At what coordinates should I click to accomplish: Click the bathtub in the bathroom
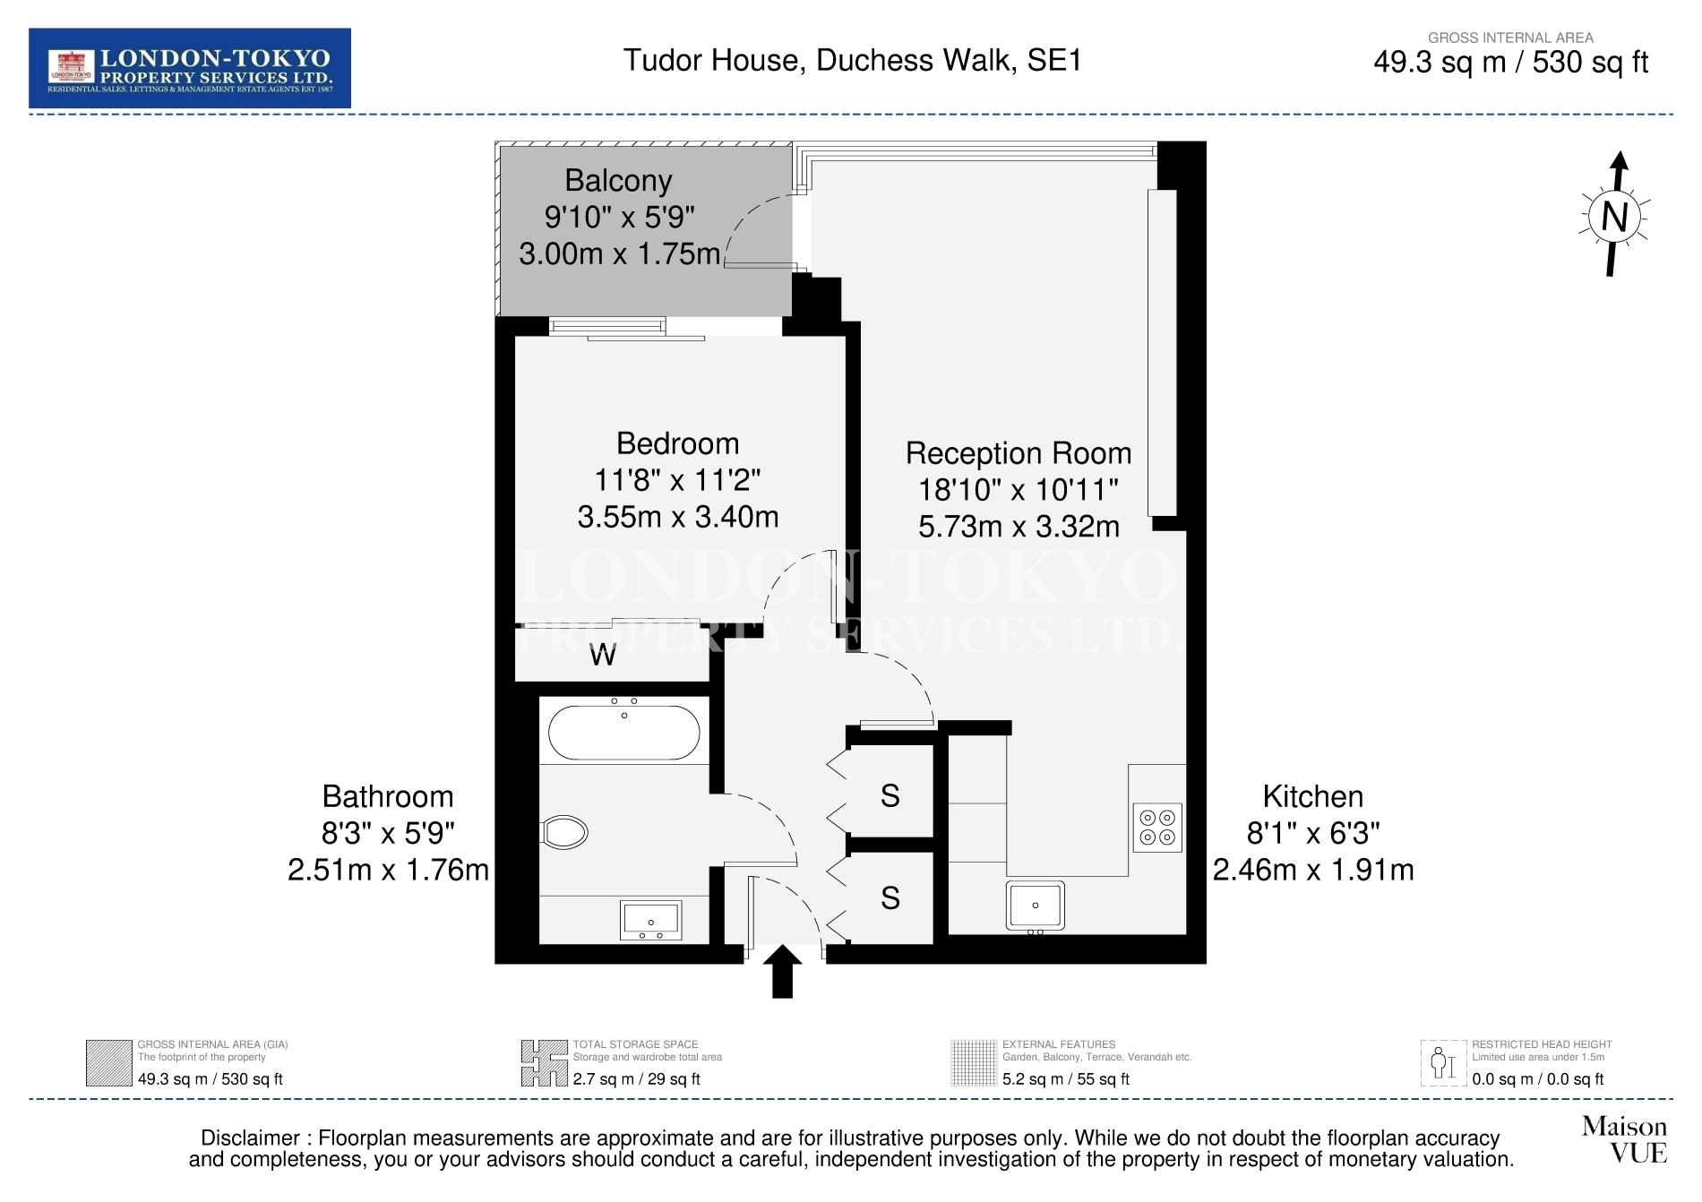coord(624,732)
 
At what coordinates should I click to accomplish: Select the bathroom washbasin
coord(651,921)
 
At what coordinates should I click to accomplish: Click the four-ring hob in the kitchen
coord(1157,828)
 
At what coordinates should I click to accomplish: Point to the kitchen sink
coord(1036,906)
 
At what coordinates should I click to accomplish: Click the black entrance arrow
coord(783,971)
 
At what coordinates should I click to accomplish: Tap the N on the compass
coord(1614,217)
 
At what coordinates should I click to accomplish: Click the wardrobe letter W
coord(603,655)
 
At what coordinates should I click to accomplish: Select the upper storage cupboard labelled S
coord(890,795)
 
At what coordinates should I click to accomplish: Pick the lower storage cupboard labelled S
coord(890,897)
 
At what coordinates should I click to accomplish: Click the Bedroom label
coord(678,443)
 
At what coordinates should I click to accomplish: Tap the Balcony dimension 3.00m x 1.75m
coord(620,254)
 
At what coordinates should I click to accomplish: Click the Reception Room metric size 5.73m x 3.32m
coord(1019,527)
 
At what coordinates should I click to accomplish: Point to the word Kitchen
coord(1313,796)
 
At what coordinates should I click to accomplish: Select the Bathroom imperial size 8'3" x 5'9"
coord(389,834)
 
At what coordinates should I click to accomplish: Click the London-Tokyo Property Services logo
coord(190,68)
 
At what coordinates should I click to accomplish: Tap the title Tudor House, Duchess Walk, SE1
coord(853,60)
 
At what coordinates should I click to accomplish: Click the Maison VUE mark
coord(1625,1138)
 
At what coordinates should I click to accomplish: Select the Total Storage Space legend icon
coord(545,1063)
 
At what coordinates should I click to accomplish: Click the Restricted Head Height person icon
coord(1444,1063)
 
